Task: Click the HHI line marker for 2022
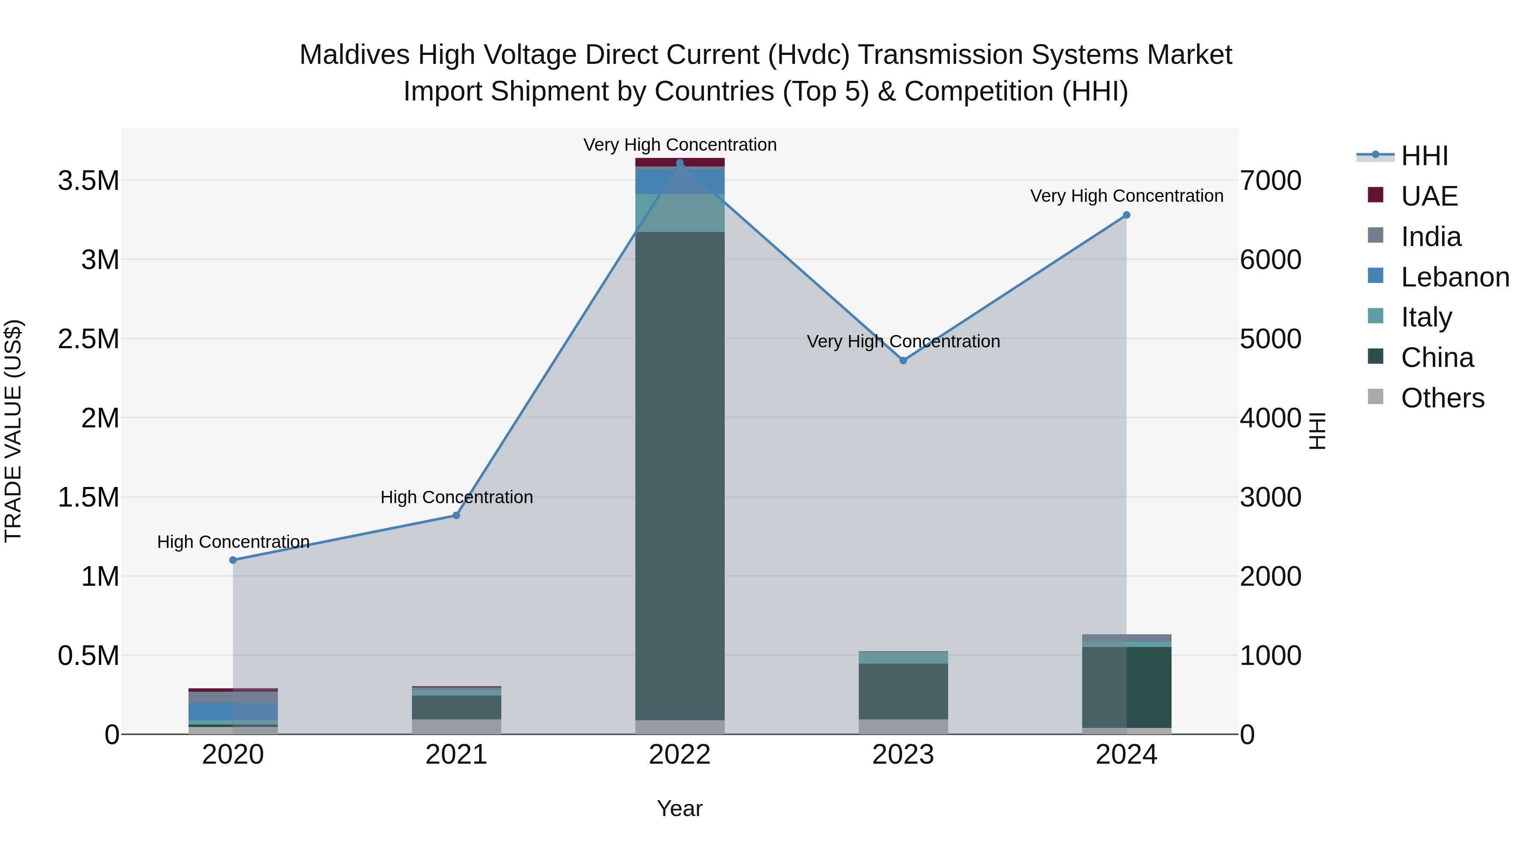click(680, 163)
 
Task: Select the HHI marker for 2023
click(903, 361)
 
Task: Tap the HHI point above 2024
click(1126, 215)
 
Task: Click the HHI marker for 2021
click(456, 515)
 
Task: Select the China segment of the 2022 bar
click(680, 476)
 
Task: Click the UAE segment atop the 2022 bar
click(680, 162)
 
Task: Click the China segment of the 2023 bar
click(903, 691)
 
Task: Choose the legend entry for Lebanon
click(1454, 277)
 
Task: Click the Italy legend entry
click(1426, 317)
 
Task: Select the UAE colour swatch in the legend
click(1375, 195)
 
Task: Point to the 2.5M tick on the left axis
click(88, 339)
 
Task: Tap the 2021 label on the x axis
click(456, 755)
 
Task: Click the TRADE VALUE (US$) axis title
click(13, 431)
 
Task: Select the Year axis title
click(679, 808)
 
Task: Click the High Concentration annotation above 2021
click(456, 497)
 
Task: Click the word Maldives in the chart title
click(354, 55)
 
